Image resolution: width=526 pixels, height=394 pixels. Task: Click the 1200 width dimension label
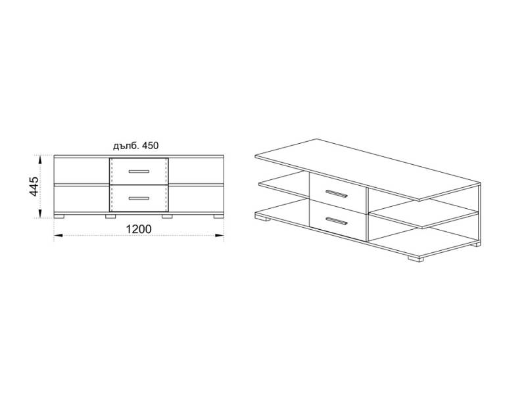click(139, 229)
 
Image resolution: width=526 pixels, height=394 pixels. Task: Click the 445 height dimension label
click(34, 186)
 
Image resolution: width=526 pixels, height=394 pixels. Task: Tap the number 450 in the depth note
click(151, 146)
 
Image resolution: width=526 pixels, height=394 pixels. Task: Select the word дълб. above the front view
click(126, 146)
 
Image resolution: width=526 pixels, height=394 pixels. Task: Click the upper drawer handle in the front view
click(139, 171)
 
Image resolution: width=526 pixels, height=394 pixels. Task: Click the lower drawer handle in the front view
click(139, 198)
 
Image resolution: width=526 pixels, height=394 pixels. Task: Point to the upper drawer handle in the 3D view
click(337, 194)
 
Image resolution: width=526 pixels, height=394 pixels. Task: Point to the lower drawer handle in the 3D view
click(337, 221)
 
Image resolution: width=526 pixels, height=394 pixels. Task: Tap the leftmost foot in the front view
click(59, 217)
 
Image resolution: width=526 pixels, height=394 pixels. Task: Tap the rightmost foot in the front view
click(219, 217)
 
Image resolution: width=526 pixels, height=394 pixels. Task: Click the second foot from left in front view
click(110, 217)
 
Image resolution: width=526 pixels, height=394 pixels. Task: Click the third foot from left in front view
click(167, 217)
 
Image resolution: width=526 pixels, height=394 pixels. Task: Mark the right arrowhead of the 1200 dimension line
click(220, 236)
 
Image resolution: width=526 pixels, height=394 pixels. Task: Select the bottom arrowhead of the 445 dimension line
click(40, 214)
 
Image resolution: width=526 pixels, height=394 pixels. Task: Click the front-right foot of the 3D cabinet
click(416, 258)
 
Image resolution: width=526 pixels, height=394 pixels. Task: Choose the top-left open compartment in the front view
click(82, 171)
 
